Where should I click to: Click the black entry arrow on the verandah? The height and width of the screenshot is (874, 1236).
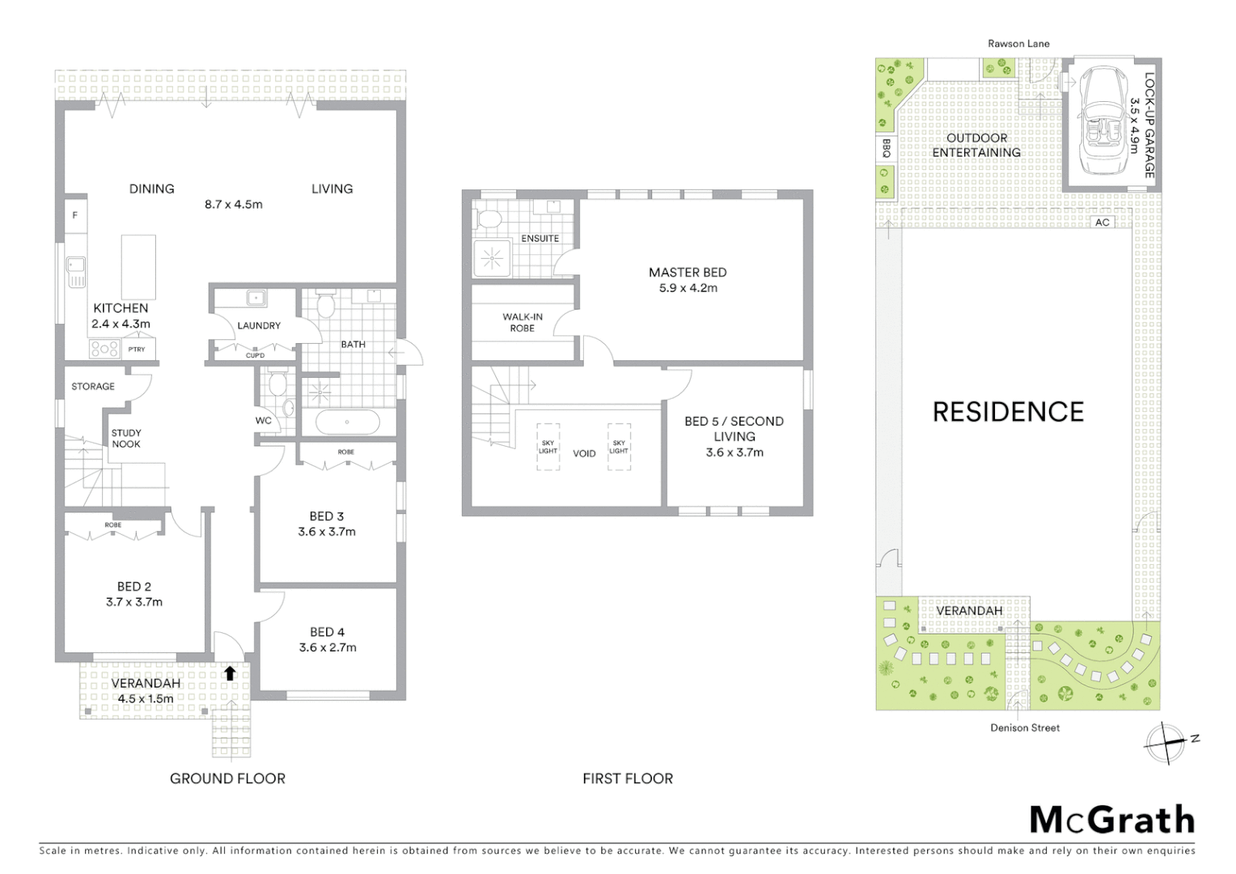click(x=230, y=672)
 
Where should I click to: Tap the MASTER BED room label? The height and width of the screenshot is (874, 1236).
click(x=687, y=273)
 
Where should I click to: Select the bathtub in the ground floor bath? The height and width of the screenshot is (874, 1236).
click(x=347, y=422)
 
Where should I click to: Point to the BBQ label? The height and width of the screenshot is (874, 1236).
click(x=886, y=148)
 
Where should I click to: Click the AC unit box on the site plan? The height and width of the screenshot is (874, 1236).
click(x=1102, y=222)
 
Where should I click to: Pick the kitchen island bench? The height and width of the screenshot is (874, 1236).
click(x=138, y=267)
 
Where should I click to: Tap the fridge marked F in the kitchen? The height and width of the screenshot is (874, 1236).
click(x=75, y=215)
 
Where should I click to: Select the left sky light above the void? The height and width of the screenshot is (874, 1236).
click(x=548, y=447)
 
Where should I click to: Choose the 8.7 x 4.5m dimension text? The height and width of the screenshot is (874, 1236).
click(x=233, y=205)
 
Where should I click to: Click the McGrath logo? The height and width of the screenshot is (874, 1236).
click(x=1111, y=820)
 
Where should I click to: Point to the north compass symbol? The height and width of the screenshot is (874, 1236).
click(x=1166, y=742)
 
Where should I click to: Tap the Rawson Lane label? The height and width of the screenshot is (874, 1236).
click(x=1018, y=44)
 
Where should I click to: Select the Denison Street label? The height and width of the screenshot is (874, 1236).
click(x=1024, y=728)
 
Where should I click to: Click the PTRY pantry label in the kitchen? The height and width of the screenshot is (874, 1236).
click(x=137, y=350)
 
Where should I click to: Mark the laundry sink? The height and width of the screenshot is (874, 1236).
click(x=256, y=298)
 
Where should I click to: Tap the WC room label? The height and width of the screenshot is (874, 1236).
click(x=263, y=421)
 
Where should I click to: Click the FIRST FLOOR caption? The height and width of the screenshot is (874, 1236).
click(x=627, y=779)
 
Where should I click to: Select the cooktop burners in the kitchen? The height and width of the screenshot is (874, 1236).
click(x=104, y=349)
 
